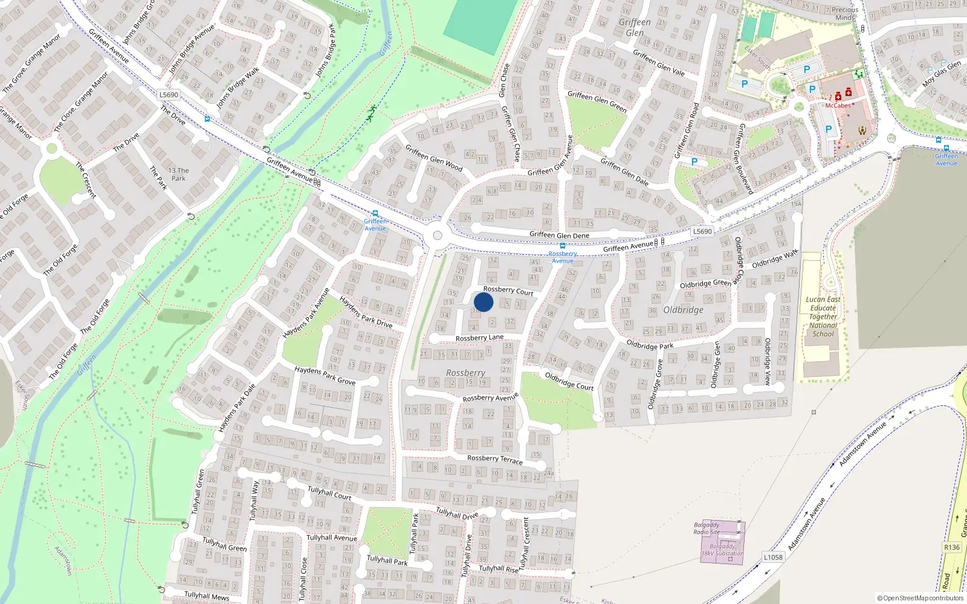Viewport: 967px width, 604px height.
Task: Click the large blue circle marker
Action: click(483, 302)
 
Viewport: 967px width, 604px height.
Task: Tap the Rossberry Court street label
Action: click(508, 291)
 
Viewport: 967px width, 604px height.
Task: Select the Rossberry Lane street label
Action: click(479, 338)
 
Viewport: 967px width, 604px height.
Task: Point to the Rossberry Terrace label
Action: click(494, 460)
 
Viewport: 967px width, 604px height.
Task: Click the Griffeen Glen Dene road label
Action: click(559, 235)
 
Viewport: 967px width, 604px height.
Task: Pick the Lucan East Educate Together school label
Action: click(823, 316)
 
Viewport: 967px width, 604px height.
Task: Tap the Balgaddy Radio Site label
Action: click(707, 528)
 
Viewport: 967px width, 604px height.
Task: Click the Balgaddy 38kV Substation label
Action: click(722, 550)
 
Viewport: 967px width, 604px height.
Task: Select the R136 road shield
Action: click(952, 547)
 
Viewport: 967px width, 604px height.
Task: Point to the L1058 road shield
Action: click(773, 557)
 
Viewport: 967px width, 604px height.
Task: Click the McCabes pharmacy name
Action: click(838, 106)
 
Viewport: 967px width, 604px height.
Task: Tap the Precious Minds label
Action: click(845, 13)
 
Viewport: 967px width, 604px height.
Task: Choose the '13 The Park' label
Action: click(178, 175)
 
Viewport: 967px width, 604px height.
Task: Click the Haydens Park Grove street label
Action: click(325, 376)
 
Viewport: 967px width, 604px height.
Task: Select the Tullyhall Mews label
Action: click(207, 596)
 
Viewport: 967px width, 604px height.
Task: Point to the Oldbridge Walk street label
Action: click(775, 259)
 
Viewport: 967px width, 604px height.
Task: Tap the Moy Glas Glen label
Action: click(942, 74)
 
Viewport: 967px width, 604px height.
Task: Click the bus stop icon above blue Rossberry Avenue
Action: click(563, 246)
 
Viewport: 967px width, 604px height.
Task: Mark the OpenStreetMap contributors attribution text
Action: click(920, 599)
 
